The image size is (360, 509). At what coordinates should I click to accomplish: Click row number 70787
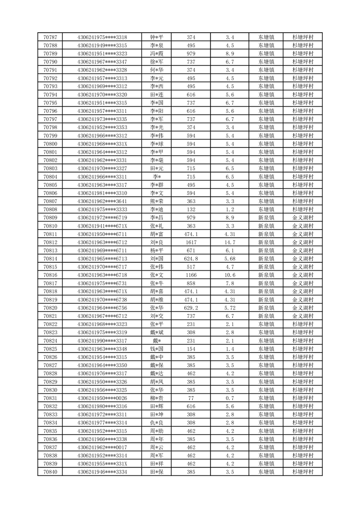pos(50,37)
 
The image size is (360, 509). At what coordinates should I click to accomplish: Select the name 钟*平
pos(157,37)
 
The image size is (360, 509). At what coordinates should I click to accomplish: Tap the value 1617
pos(191,242)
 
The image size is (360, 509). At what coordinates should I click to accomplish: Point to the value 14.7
pos(229,242)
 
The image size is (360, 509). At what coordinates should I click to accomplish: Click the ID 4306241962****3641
pos(102,201)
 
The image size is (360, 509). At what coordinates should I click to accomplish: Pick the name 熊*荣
pos(157,201)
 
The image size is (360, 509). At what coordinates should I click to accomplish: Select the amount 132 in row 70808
pos(191,210)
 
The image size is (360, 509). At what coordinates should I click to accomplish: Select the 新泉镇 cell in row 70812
pos(266,242)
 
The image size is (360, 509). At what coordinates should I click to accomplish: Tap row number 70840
pos(50,472)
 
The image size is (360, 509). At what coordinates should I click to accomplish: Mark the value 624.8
pos(191,259)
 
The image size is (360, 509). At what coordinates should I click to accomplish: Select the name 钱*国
pos(157,349)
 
